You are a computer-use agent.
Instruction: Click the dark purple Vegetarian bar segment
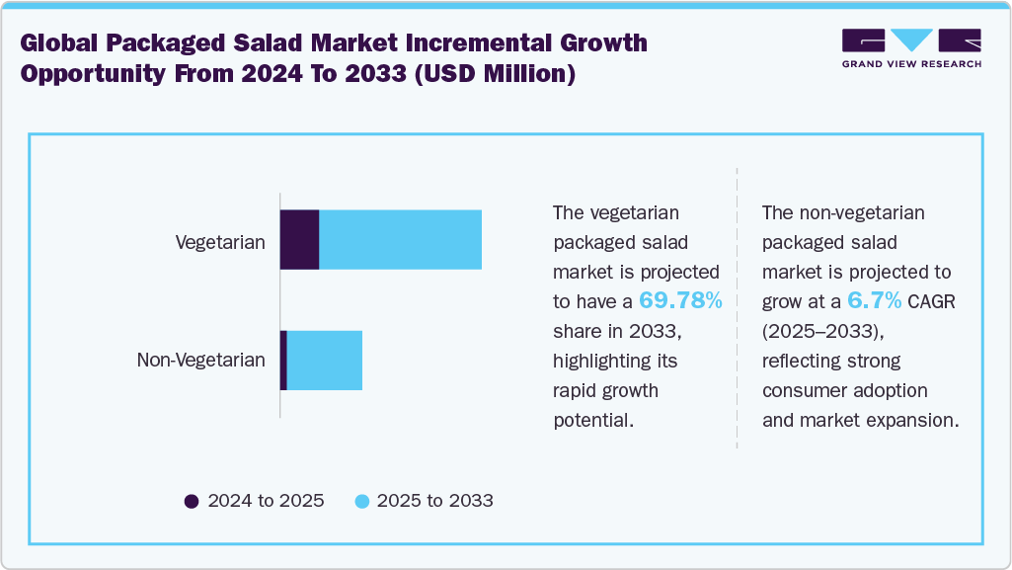(x=300, y=239)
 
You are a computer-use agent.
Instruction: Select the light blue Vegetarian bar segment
(x=400, y=239)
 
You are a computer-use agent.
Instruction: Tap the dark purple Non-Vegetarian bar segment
(x=283, y=360)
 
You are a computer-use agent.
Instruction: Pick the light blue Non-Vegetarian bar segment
(x=324, y=360)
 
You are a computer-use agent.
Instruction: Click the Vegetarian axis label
(x=220, y=242)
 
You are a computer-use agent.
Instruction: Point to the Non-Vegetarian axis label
(x=200, y=360)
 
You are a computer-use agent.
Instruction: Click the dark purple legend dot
(x=193, y=501)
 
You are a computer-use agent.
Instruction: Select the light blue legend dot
(x=361, y=501)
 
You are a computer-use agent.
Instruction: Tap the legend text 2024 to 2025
(x=266, y=501)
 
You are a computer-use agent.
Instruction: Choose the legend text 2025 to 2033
(x=434, y=501)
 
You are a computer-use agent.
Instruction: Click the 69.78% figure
(x=680, y=300)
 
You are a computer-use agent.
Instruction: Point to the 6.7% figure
(x=874, y=300)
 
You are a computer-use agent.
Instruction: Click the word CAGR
(x=931, y=301)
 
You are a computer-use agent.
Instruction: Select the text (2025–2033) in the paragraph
(x=817, y=331)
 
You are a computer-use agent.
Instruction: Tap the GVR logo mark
(x=911, y=41)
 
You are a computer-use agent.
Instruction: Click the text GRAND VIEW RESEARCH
(x=911, y=64)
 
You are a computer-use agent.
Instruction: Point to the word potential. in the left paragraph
(x=592, y=420)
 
